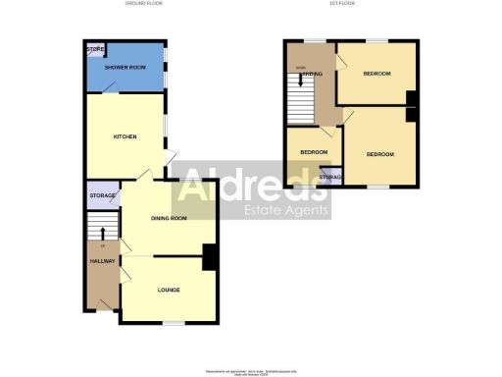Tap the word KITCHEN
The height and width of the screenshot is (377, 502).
pyautogui.click(x=124, y=136)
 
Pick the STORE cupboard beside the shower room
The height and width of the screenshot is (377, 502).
pyautogui.click(x=95, y=49)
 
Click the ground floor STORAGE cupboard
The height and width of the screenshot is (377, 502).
pyautogui.click(x=103, y=196)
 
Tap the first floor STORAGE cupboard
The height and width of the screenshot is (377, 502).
pyautogui.click(x=330, y=178)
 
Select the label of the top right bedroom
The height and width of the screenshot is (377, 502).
pyautogui.click(x=376, y=74)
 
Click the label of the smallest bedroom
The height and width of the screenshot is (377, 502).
pyautogui.click(x=313, y=152)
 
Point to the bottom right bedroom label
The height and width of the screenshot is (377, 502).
pyautogui.click(x=379, y=154)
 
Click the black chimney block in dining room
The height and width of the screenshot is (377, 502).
pyautogui.click(x=209, y=257)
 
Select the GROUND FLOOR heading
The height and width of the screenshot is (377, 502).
pyautogui.click(x=144, y=5)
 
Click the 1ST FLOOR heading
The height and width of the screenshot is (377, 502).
pyautogui.click(x=352, y=5)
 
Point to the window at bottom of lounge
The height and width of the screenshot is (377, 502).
pyautogui.click(x=174, y=323)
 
